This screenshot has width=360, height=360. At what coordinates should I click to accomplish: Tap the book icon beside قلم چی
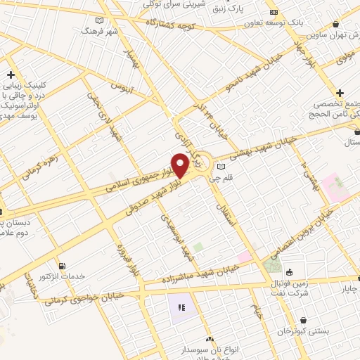(221, 167)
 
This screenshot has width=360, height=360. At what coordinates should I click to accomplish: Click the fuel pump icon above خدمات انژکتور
(63, 266)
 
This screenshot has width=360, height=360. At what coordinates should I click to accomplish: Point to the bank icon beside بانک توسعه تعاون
(274, 12)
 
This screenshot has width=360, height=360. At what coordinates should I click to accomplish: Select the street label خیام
(258, 309)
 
